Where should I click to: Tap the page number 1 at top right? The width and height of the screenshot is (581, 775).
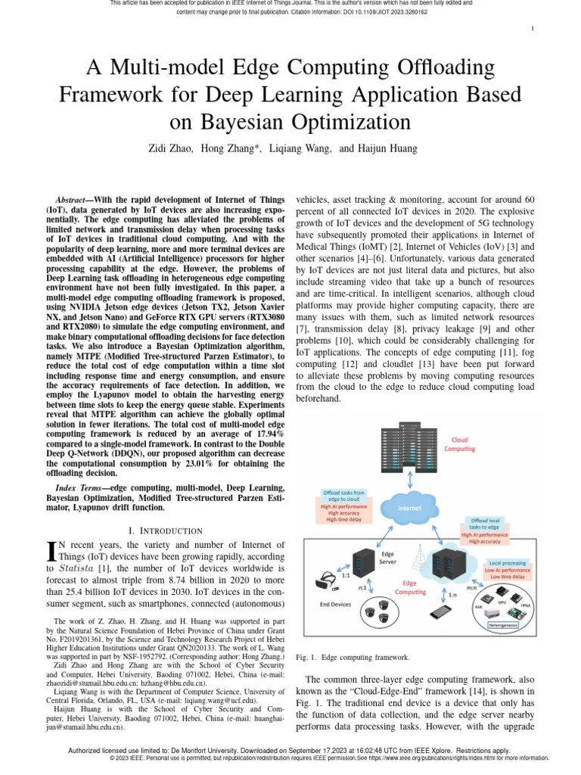[x=533, y=29]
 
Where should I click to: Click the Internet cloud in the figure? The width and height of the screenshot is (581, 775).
[x=409, y=508]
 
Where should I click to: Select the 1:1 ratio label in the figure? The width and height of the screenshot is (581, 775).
[x=345, y=576]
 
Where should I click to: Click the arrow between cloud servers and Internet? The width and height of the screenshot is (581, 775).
[x=409, y=477]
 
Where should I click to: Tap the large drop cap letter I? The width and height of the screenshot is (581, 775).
[x=51, y=550]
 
